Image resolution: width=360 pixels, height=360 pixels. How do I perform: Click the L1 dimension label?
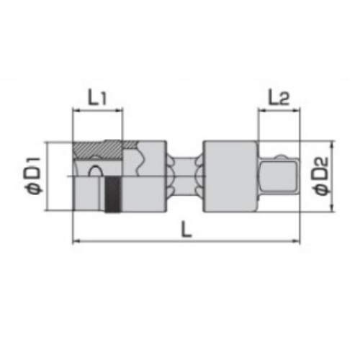click(x=97, y=98)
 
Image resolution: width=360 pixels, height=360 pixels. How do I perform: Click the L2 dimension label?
click(x=279, y=98)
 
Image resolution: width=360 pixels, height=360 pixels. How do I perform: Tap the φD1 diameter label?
click(x=33, y=176)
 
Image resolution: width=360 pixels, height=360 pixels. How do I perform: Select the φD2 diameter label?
click(x=320, y=176)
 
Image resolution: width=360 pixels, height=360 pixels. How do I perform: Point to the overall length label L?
click(x=186, y=229)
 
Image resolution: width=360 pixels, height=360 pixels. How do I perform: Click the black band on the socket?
click(x=113, y=194)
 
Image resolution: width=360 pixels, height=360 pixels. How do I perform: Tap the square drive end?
click(x=279, y=176)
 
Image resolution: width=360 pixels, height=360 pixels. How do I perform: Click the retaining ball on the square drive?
click(x=281, y=157)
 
